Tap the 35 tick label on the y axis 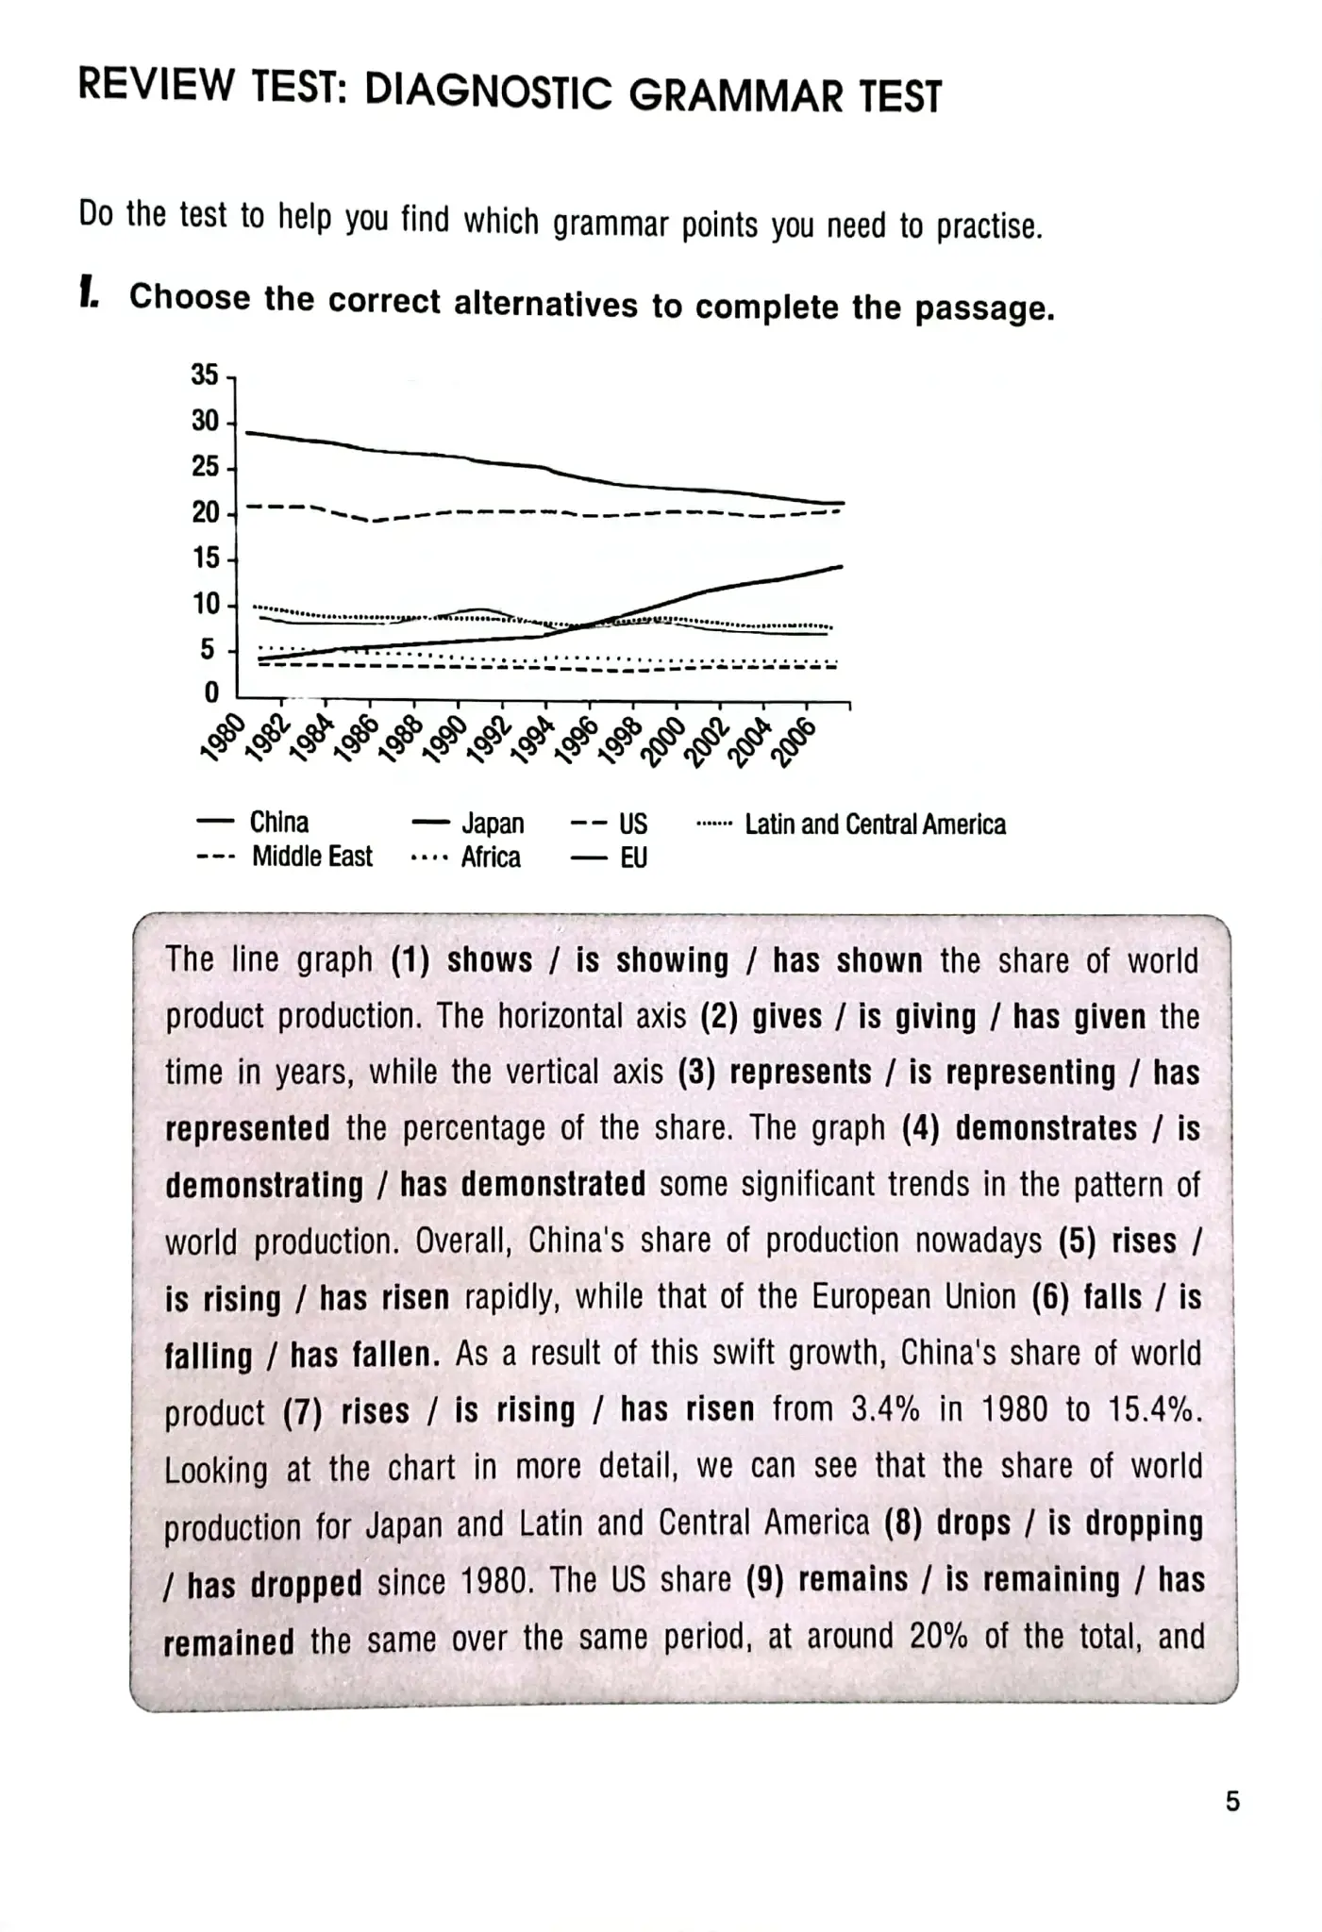pyautogui.click(x=205, y=375)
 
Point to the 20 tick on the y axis pyautogui.click(x=205, y=512)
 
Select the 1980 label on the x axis pyautogui.click(x=222, y=738)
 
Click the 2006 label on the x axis pyautogui.click(x=794, y=743)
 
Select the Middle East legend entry pyautogui.click(x=311, y=857)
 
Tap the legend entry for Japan pyautogui.click(x=493, y=824)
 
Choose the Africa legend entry pyautogui.click(x=491, y=858)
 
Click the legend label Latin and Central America pyautogui.click(x=875, y=824)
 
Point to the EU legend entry pyautogui.click(x=633, y=858)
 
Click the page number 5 pyautogui.click(x=1232, y=1802)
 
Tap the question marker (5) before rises pyautogui.click(x=1077, y=1241)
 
